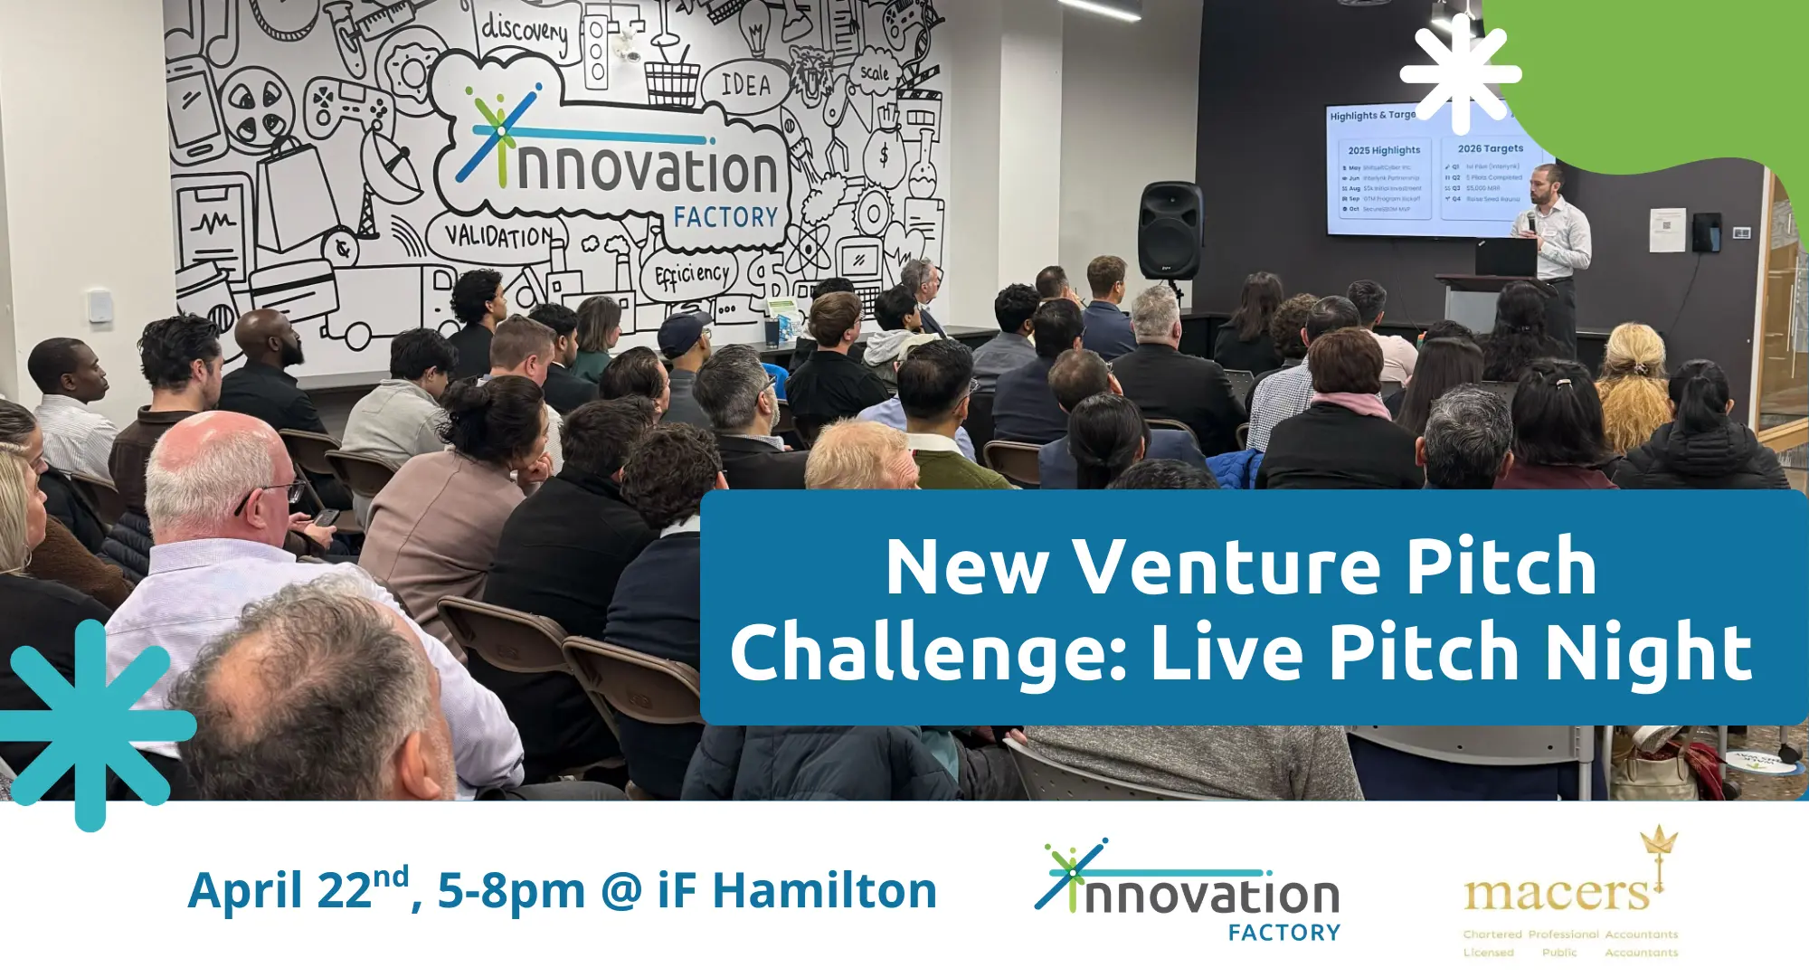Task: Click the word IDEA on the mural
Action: [x=745, y=85]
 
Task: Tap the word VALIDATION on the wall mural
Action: [x=498, y=236]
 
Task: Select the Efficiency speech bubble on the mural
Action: [x=692, y=274]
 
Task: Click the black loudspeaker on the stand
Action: [x=1170, y=231]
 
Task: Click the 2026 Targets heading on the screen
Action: [x=1490, y=148]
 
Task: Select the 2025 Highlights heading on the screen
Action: [x=1384, y=150]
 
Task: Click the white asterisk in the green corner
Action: [x=1460, y=74]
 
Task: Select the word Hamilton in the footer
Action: [x=824, y=890]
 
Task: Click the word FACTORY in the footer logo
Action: [x=1283, y=933]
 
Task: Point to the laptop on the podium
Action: [x=1505, y=258]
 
